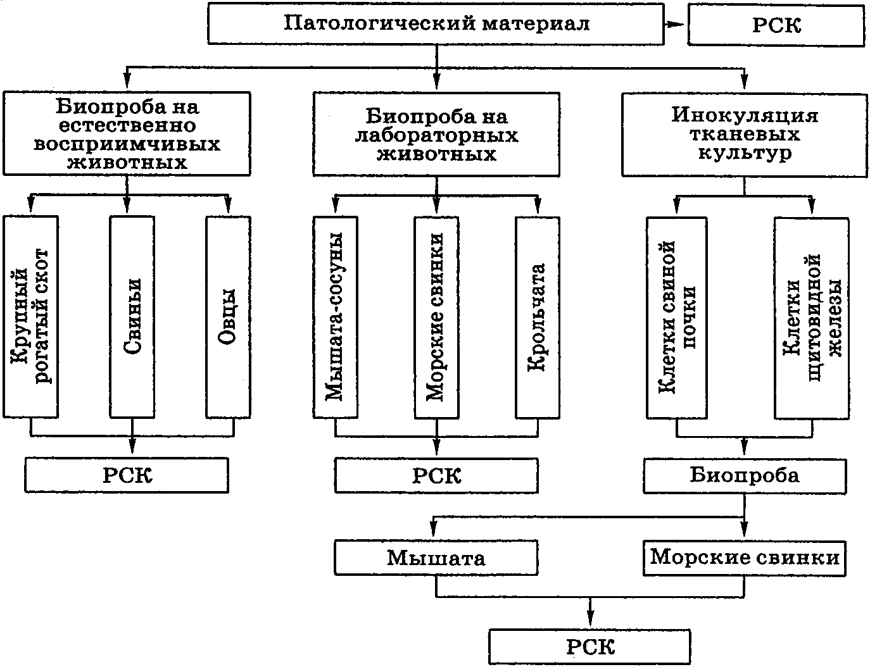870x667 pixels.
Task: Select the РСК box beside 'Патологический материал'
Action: coord(776,26)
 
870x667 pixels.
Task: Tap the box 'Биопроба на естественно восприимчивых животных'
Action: coord(127,134)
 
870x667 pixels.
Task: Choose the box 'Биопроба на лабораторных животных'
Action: coord(436,135)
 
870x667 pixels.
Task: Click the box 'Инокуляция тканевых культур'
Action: coord(744,135)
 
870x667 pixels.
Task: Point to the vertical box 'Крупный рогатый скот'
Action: coord(31,317)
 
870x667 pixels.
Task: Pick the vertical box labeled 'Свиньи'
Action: coord(132,317)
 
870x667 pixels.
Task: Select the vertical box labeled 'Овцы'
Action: coord(228,317)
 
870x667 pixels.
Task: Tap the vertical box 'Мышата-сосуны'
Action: coord(336,317)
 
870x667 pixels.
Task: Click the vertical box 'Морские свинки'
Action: coord(436,317)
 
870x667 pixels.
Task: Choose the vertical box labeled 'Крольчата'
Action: coord(538,317)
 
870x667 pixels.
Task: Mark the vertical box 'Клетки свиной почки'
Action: coord(677,317)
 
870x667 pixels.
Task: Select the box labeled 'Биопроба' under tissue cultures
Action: coord(745,476)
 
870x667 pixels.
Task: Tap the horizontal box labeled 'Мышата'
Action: coord(436,558)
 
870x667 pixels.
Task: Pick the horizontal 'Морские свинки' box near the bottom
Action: coord(745,558)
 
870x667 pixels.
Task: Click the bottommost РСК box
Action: coord(590,647)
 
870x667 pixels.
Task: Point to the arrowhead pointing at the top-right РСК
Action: coord(678,25)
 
